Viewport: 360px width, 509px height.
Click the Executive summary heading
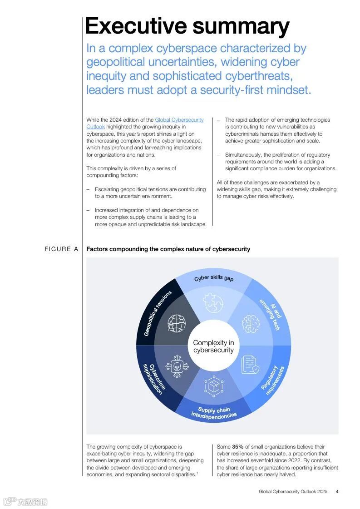click(187, 26)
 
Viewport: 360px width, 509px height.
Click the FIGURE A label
click(61, 249)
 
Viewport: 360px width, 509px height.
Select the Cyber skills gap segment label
click(214, 278)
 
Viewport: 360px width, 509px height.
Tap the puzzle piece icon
click(213, 302)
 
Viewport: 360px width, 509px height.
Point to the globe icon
click(177, 323)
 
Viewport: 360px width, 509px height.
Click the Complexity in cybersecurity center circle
click(213, 346)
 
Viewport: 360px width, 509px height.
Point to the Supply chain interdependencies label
click(214, 413)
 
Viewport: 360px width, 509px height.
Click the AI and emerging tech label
click(270, 314)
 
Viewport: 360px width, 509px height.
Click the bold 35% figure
click(237, 447)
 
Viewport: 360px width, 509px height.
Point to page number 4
click(337, 491)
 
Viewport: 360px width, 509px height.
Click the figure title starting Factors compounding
click(168, 249)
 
